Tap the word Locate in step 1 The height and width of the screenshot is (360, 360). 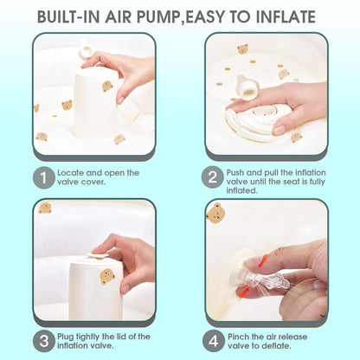coord(71,172)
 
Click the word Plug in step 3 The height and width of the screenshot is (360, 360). coord(67,336)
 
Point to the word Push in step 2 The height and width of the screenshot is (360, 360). coord(239,172)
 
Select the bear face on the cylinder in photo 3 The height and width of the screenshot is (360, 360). coord(106,277)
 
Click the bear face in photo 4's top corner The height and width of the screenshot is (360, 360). coord(216,213)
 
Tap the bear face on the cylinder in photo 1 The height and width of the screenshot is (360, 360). coord(107,87)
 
